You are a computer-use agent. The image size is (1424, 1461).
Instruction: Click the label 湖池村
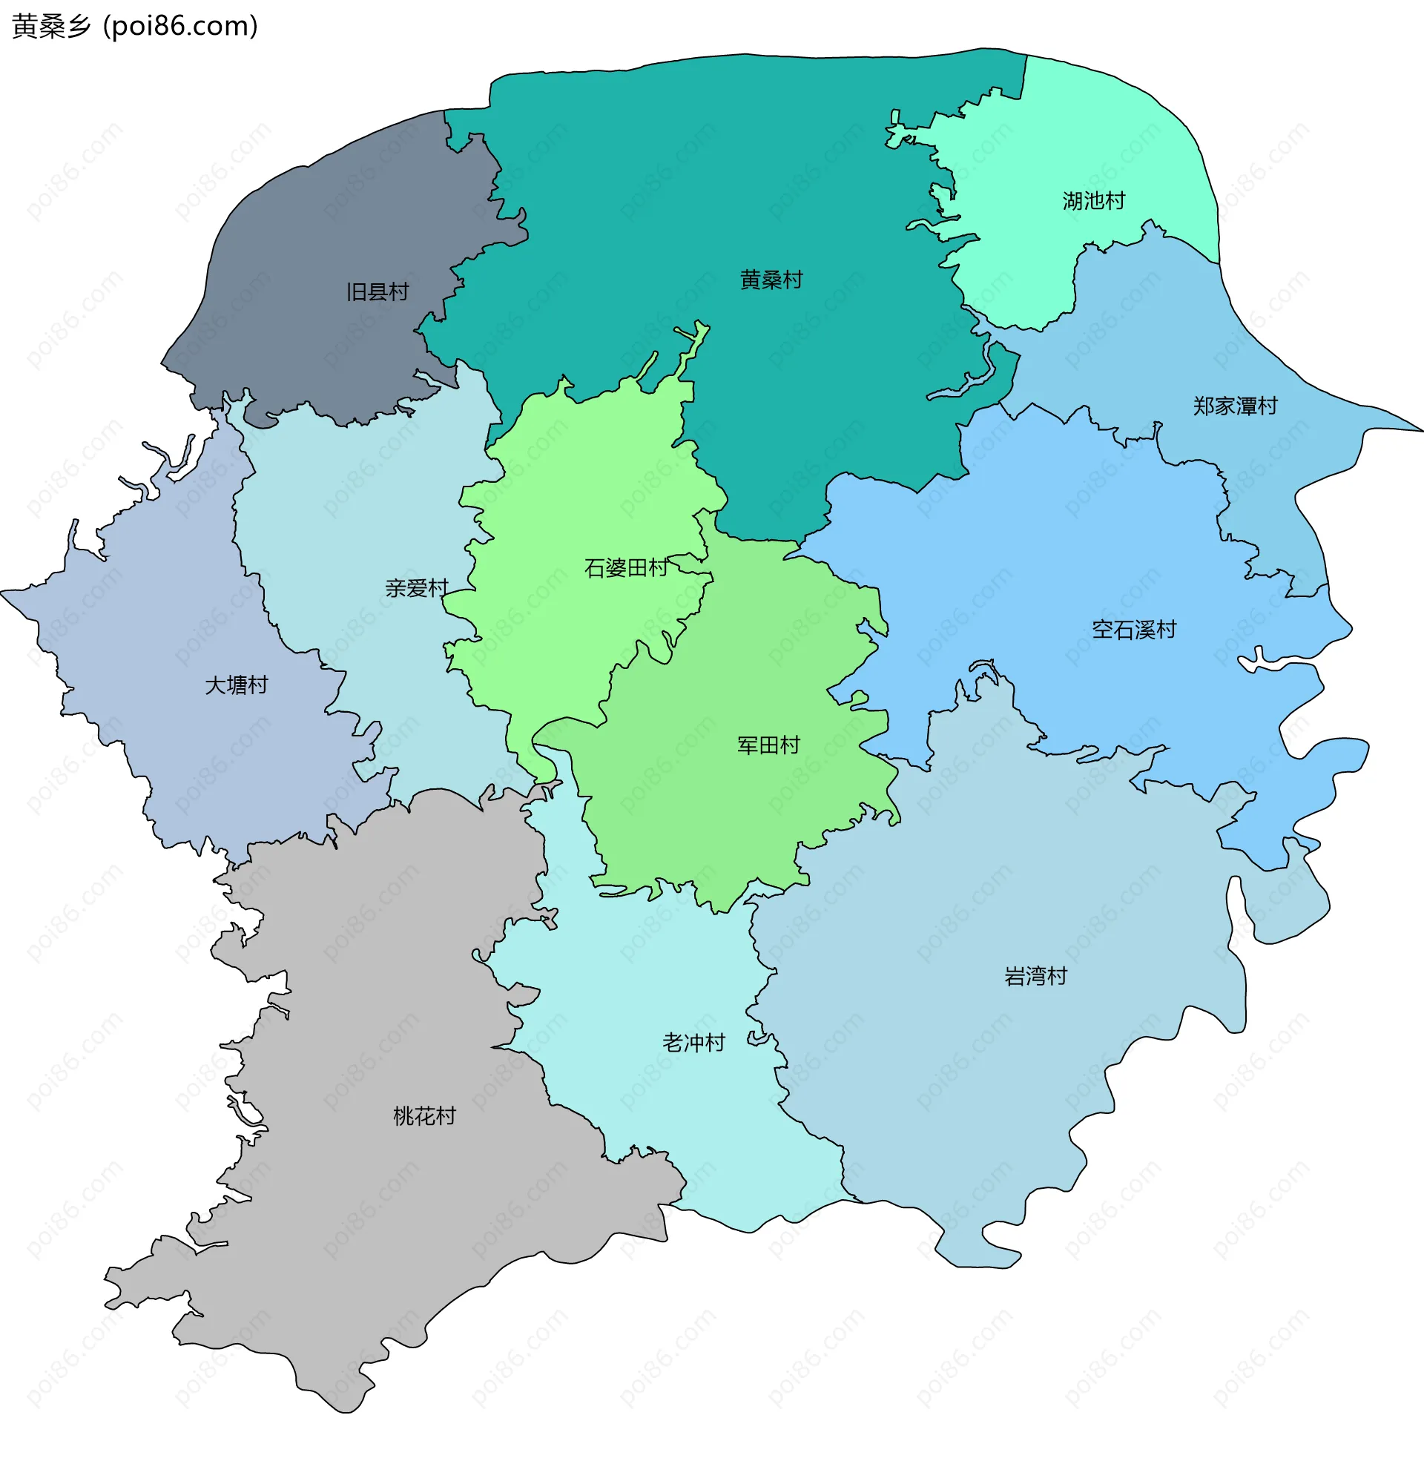pyautogui.click(x=1093, y=201)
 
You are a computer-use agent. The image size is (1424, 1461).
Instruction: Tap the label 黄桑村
pyautogui.click(x=771, y=280)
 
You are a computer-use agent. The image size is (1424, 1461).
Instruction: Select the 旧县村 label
pyautogui.click(x=377, y=292)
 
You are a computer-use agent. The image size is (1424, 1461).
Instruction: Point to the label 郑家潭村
pyautogui.click(x=1235, y=406)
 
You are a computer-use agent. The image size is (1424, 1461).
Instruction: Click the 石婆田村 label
pyautogui.click(x=625, y=569)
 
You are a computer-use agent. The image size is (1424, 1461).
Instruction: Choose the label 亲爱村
pyautogui.click(x=416, y=589)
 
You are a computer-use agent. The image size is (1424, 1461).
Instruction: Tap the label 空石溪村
pyautogui.click(x=1134, y=630)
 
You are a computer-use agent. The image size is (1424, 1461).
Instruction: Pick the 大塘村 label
pyautogui.click(x=237, y=686)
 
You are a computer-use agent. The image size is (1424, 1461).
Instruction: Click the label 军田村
pyautogui.click(x=768, y=746)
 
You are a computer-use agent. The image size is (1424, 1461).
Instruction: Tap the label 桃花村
pyautogui.click(x=424, y=1117)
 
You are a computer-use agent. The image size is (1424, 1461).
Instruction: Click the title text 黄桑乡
pyautogui.click(x=51, y=26)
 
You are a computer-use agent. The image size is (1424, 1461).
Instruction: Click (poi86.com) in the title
pyautogui.click(x=180, y=26)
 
